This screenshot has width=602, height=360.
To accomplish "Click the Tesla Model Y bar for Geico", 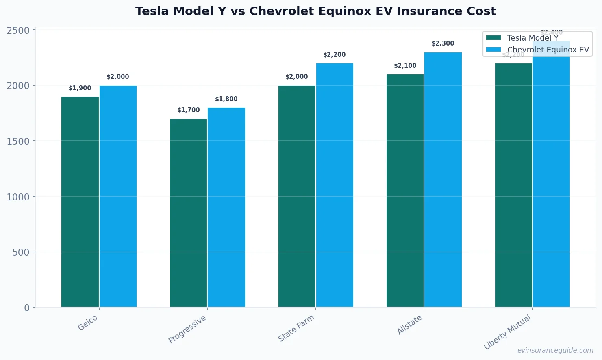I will click(80, 202).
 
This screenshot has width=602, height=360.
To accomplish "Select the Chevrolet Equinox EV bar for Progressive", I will click(226, 207).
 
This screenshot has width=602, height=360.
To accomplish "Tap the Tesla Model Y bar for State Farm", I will click(297, 196).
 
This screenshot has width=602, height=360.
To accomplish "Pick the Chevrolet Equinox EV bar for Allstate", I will click(443, 180).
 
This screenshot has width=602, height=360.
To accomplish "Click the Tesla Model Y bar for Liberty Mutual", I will click(513, 185).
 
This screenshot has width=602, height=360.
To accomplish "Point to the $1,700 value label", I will click(189, 110).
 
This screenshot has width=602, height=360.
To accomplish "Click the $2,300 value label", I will click(443, 43).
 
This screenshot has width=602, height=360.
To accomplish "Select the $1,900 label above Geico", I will click(80, 88).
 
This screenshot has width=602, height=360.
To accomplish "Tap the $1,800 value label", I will click(226, 99).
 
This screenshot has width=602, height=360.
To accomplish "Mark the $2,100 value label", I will click(405, 66).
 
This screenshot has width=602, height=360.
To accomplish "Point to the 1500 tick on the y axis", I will click(18, 141).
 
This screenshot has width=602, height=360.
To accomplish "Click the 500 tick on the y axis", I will click(21, 252).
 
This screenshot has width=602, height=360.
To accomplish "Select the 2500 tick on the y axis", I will click(18, 30).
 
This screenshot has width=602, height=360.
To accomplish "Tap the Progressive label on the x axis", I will click(188, 329).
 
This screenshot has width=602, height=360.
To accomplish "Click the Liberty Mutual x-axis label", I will click(507, 332).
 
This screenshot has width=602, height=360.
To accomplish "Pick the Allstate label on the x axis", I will click(410, 325).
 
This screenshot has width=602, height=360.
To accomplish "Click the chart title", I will click(315, 11).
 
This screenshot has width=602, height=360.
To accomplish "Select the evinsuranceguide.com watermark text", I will click(555, 350).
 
